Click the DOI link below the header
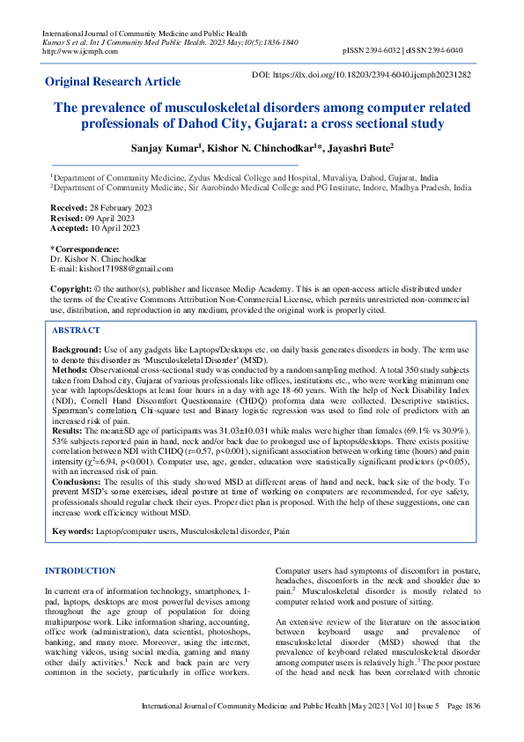[x=361, y=75]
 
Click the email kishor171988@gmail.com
[x=127, y=269]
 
